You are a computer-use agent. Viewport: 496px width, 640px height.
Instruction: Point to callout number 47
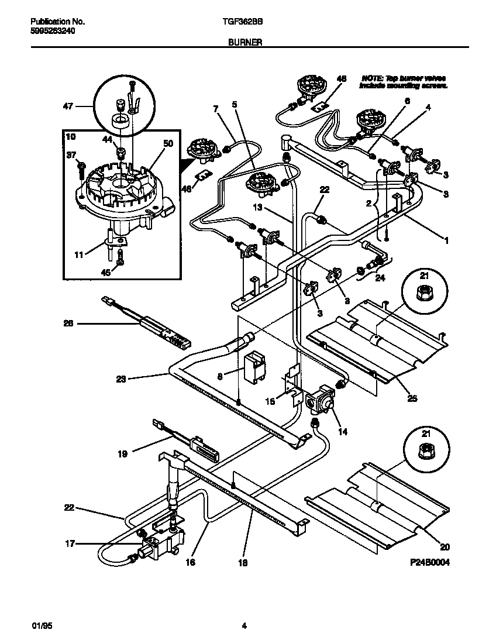70,106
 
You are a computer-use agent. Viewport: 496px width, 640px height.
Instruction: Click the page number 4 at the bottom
244,626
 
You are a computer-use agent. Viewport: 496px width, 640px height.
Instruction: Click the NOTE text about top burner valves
404,81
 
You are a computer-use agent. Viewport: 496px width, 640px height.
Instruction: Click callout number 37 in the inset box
71,155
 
